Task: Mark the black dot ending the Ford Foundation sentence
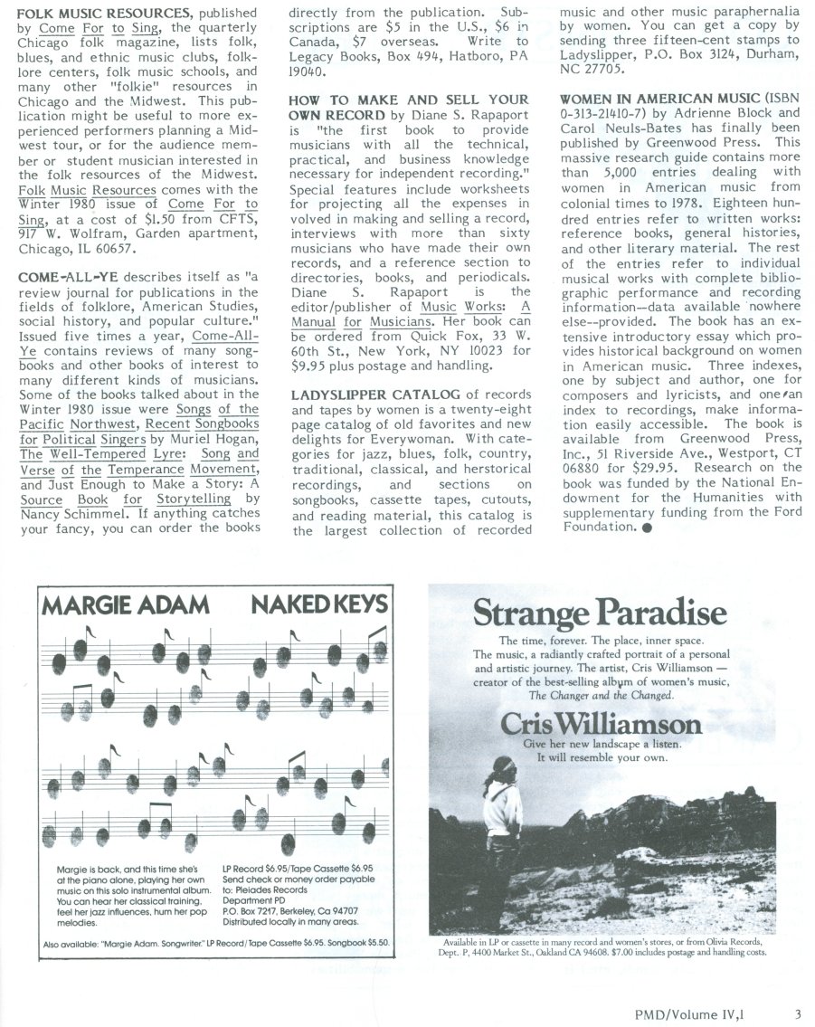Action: tap(648, 527)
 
